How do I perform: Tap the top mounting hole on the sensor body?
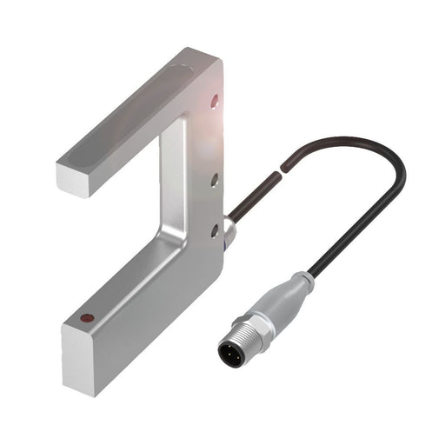(215, 102)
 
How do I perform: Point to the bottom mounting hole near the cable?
(214, 229)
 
